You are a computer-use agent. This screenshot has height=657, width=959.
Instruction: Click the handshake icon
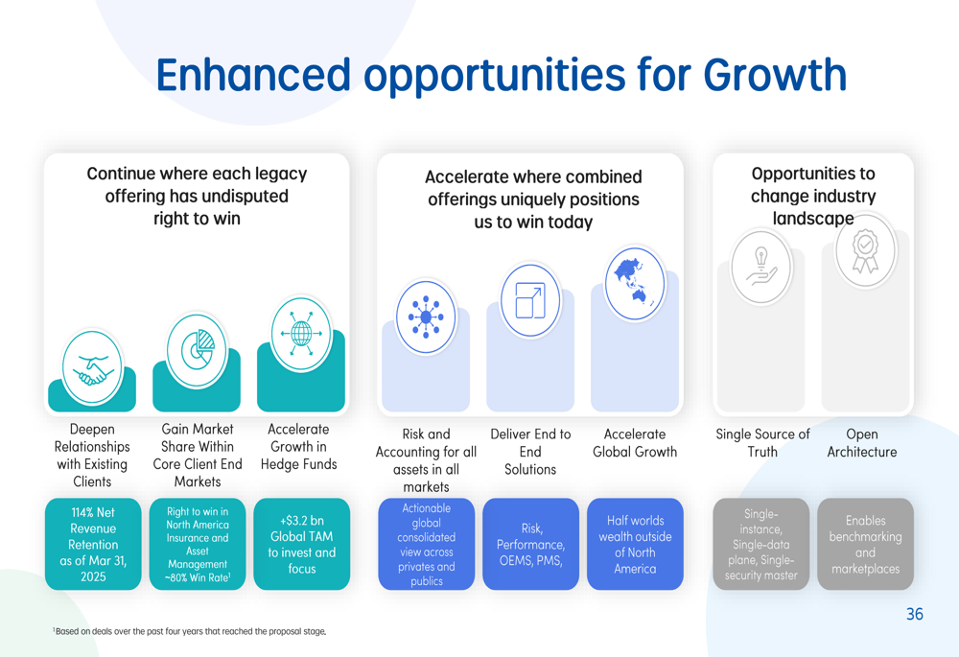(x=92, y=367)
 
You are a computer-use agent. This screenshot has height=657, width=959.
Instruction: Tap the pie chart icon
(x=197, y=351)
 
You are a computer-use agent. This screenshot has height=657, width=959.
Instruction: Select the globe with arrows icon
(x=301, y=334)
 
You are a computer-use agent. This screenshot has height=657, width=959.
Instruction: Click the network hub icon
(x=426, y=317)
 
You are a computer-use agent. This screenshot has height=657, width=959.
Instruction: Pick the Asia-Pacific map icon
(x=635, y=284)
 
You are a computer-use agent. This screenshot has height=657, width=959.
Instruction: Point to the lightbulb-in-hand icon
(x=760, y=268)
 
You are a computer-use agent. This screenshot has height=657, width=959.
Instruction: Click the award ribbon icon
(x=865, y=250)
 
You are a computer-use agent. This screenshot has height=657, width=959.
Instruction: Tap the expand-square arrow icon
(x=530, y=300)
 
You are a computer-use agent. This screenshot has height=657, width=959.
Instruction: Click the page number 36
(x=915, y=614)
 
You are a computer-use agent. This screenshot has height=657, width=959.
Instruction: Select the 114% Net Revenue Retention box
(x=93, y=544)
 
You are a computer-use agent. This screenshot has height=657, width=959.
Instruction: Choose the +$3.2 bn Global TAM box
(x=302, y=544)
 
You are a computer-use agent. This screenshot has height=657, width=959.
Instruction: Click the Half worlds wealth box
(x=635, y=544)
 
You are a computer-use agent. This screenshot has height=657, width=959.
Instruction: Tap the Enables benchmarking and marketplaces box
(x=865, y=544)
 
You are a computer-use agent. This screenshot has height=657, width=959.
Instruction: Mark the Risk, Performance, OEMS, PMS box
(x=531, y=544)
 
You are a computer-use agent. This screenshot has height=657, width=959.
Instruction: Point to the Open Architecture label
(x=862, y=443)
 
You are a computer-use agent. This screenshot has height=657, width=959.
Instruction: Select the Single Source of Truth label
(x=762, y=443)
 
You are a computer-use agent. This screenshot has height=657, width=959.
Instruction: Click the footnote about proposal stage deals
(x=190, y=631)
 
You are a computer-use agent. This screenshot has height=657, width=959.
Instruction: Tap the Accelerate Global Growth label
(x=635, y=443)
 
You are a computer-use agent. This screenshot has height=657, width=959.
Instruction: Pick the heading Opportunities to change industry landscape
(x=813, y=196)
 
